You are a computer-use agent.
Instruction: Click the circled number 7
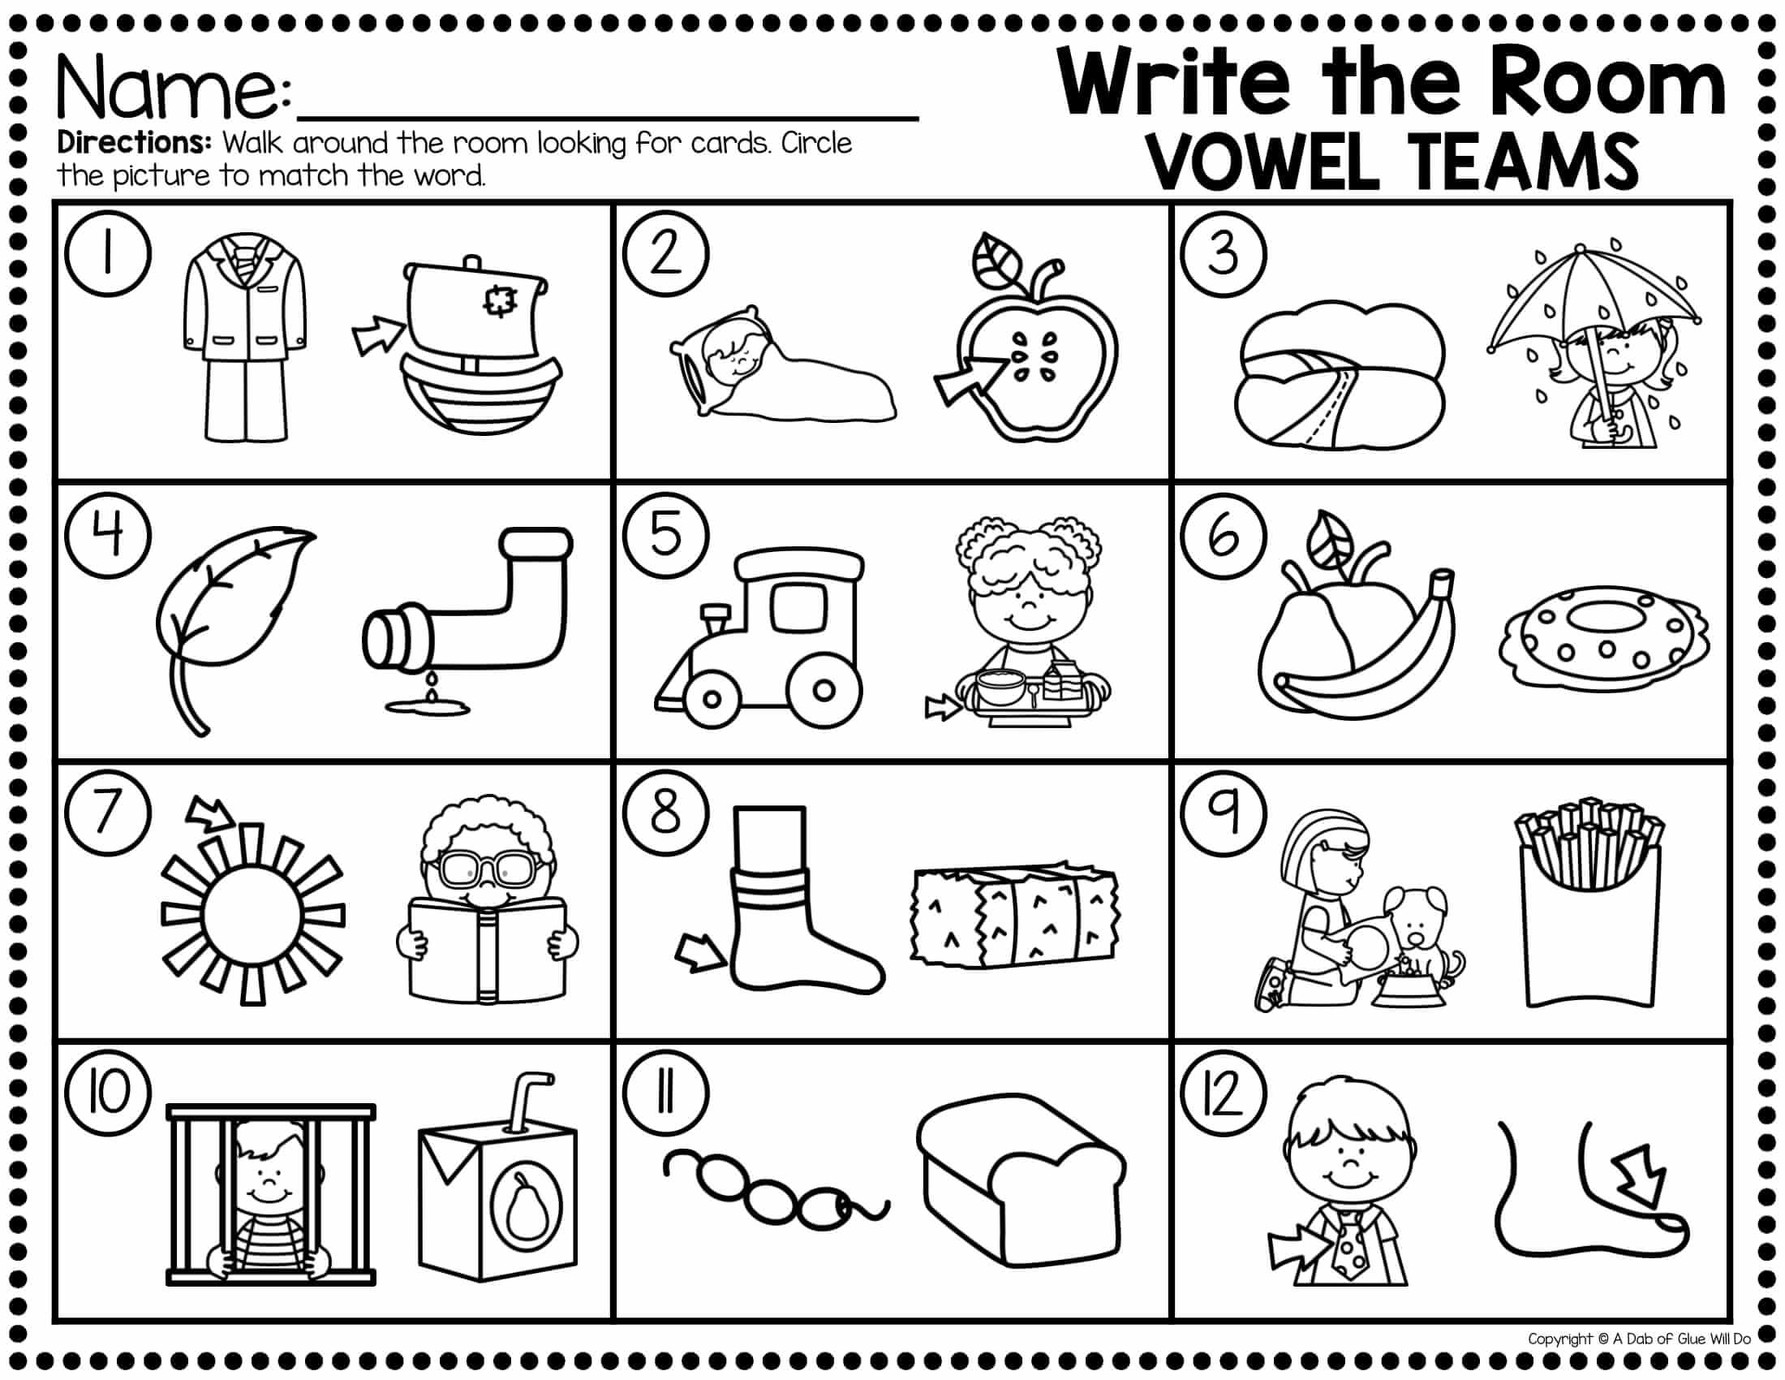108,815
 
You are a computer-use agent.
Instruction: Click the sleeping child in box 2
783,365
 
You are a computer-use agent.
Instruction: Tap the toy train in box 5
759,637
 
